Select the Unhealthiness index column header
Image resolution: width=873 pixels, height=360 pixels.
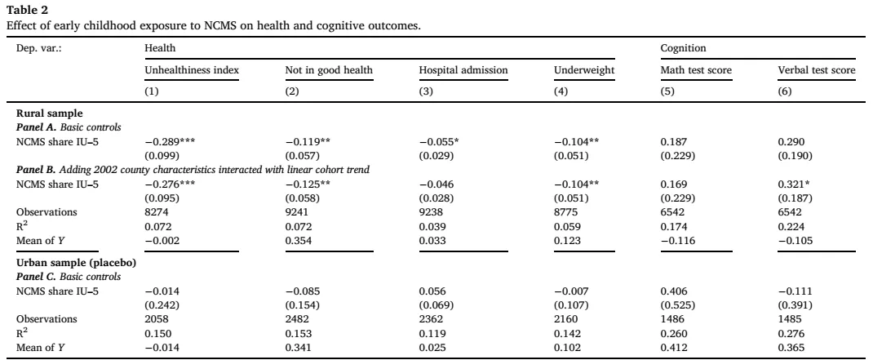[192, 70]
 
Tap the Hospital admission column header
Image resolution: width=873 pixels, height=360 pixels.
[463, 70]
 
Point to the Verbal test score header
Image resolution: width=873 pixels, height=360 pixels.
[816, 70]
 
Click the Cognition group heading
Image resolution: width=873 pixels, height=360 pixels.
[683, 48]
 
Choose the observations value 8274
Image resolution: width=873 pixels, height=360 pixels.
[155, 211]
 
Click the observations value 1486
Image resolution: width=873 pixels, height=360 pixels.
[671, 319]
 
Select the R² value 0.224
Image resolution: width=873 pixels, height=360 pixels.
[790, 225]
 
